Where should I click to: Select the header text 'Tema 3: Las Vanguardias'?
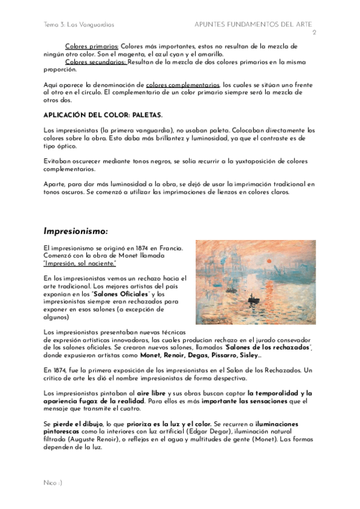click(x=79, y=25)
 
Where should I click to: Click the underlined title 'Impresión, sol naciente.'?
click(x=80, y=264)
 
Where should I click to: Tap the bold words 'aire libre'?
click(x=151, y=393)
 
